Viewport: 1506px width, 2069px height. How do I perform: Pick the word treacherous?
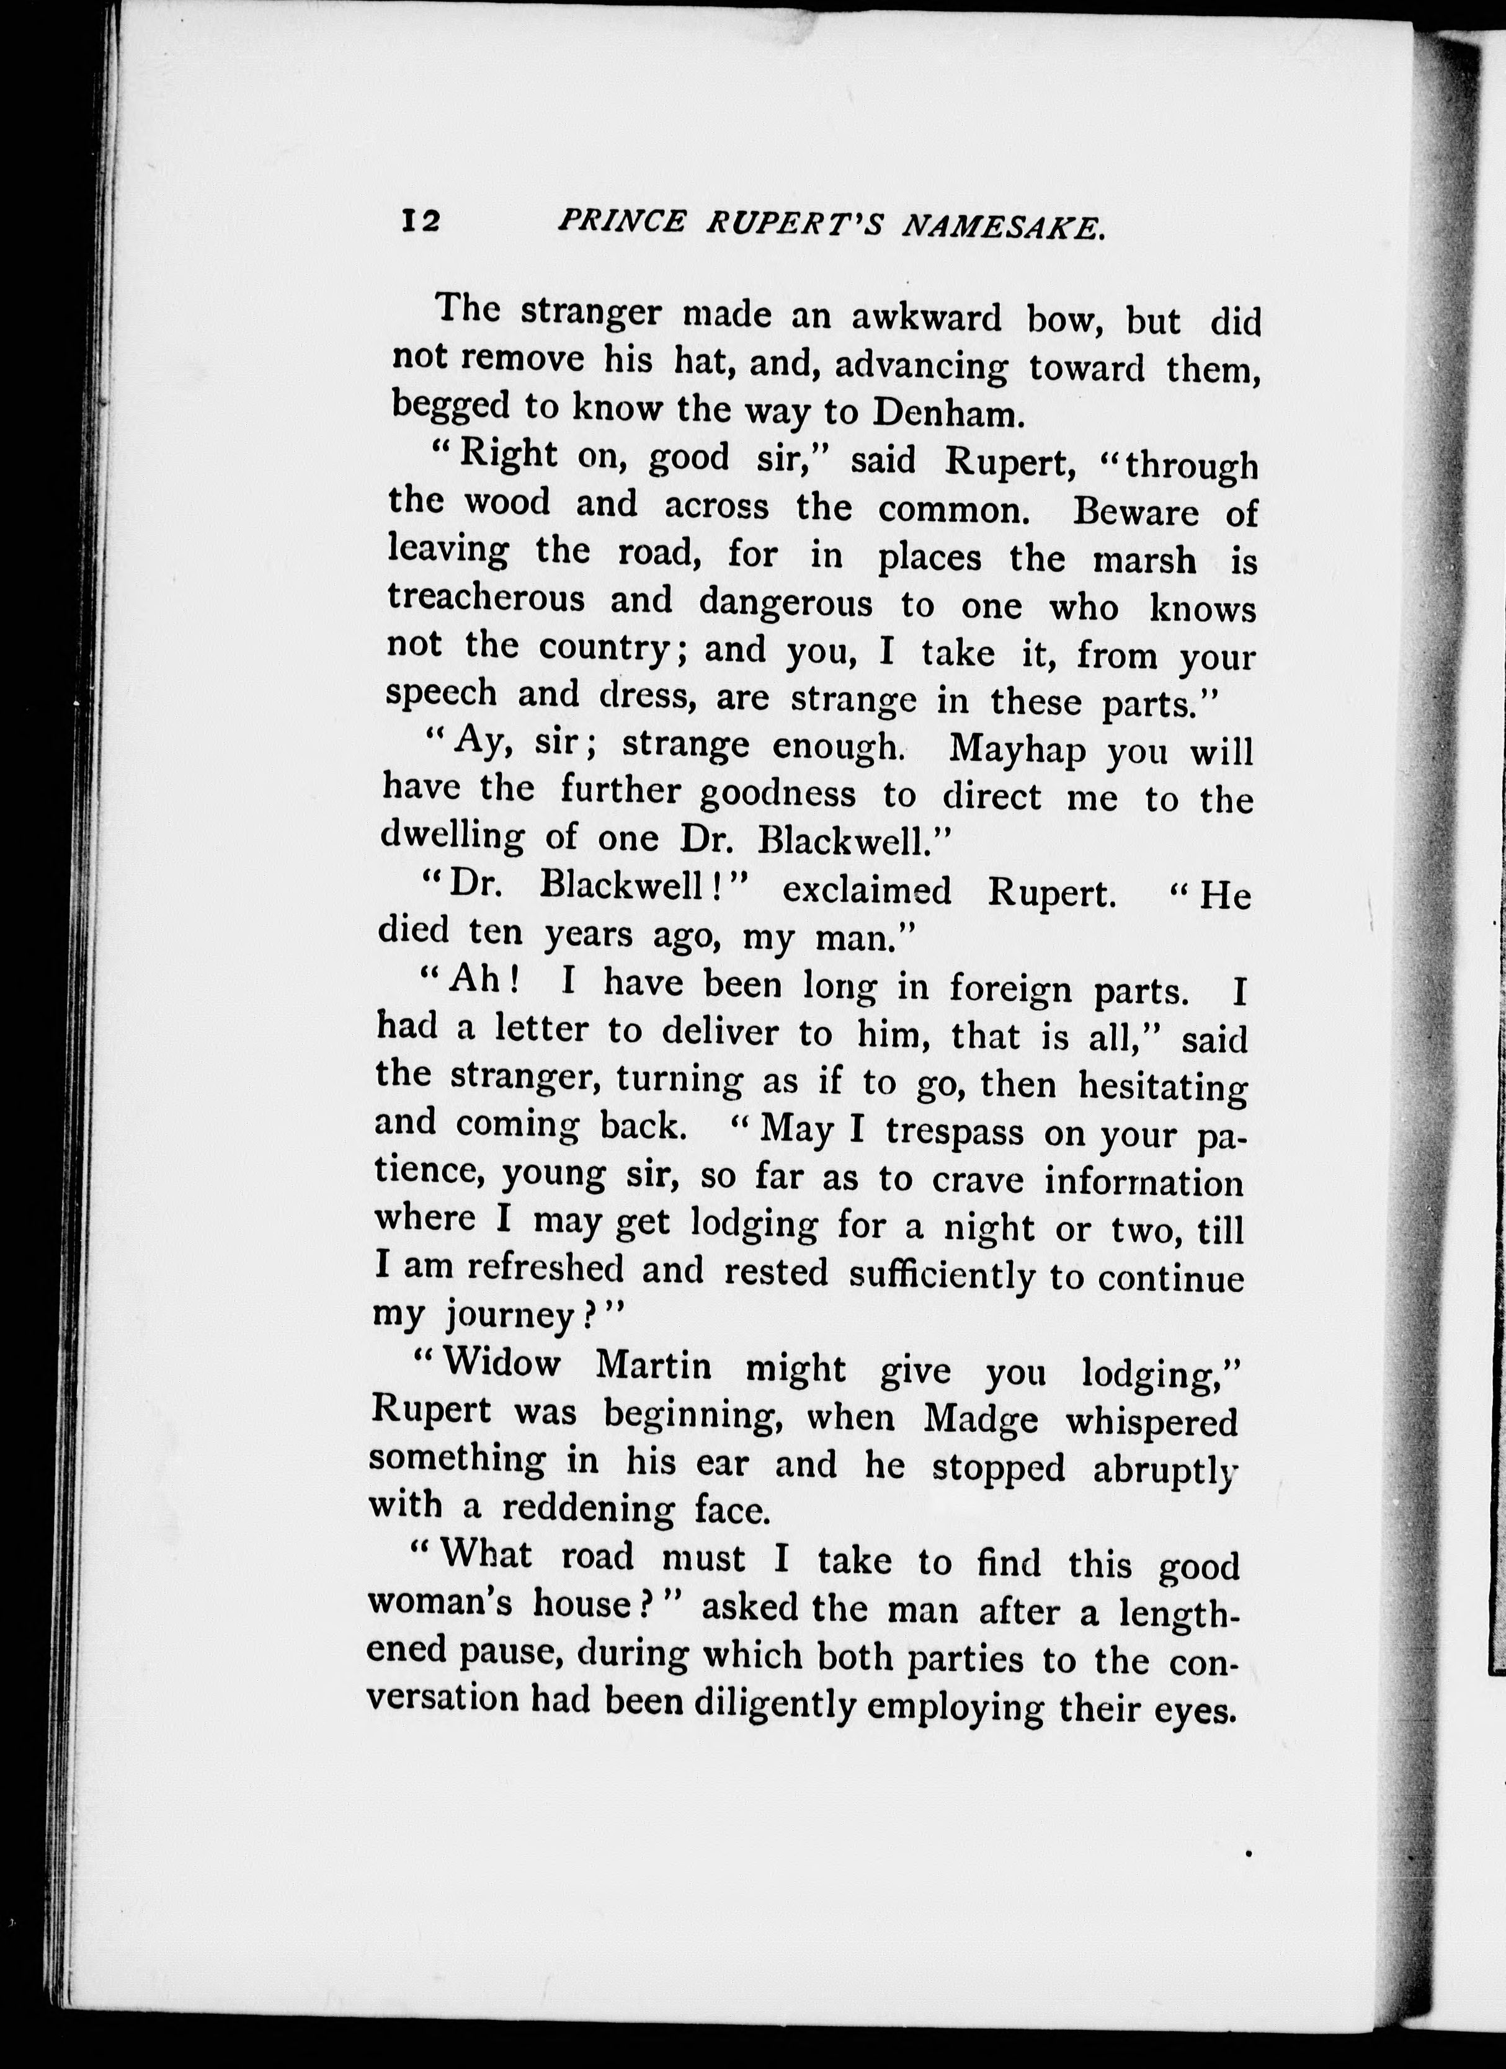pyautogui.click(x=485, y=599)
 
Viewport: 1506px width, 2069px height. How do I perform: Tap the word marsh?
pyautogui.click(x=1145, y=560)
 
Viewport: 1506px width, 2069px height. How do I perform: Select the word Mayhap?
pyautogui.click(x=1017, y=750)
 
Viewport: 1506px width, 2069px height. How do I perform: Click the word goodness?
pyautogui.click(x=778, y=794)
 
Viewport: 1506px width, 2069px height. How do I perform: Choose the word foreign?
pyautogui.click(x=1010, y=988)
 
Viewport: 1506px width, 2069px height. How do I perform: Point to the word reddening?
pyautogui.click(x=589, y=1509)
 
